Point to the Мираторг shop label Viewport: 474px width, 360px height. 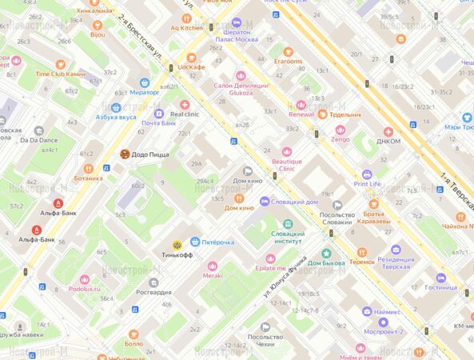(x=145, y=92)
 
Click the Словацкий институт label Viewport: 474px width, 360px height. (x=288, y=238)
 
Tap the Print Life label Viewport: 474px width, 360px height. (x=367, y=183)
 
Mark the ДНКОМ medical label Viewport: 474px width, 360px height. (x=388, y=143)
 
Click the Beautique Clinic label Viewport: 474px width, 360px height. (x=287, y=164)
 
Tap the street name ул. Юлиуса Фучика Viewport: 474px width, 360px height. (x=287, y=274)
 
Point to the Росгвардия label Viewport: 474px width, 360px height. (x=153, y=292)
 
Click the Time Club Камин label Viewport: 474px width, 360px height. (x=60, y=74)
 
